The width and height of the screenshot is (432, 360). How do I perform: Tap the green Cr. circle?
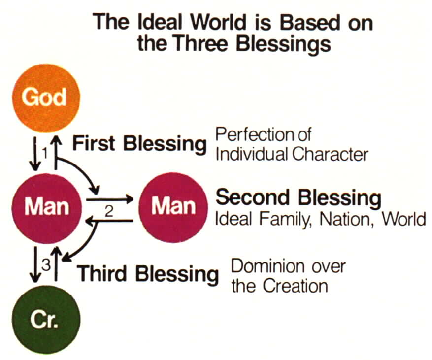click(46, 320)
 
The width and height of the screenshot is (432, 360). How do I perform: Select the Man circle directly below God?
click(47, 208)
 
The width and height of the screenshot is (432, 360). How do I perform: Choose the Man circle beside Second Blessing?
click(173, 207)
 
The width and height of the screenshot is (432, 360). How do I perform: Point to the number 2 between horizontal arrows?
click(109, 211)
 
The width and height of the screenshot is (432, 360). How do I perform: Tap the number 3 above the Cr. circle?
click(46, 265)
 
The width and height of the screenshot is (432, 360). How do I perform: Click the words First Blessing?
click(139, 144)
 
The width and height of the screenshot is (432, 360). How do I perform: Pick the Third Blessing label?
click(148, 274)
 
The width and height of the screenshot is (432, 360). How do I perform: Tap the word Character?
click(330, 155)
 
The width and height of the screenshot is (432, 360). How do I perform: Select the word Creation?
click(295, 286)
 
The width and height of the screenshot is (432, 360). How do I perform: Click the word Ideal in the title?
click(160, 22)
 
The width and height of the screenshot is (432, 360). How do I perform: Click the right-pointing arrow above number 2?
click(109, 199)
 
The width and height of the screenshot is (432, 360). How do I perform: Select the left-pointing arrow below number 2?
click(109, 221)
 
